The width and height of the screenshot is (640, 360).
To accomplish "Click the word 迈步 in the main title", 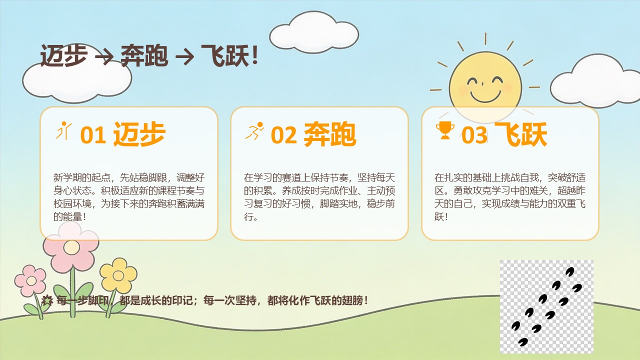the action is pyautogui.click(x=63, y=55).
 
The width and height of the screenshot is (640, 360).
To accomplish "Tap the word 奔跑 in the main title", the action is pyautogui.click(x=144, y=55).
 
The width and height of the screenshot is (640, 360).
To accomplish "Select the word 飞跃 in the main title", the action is pyautogui.click(x=225, y=55).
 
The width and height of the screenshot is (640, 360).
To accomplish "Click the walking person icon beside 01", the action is pyautogui.click(x=64, y=131).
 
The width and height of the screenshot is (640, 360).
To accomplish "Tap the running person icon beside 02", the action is pyautogui.click(x=254, y=131).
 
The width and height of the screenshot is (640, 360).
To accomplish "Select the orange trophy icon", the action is pyautogui.click(x=445, y=130).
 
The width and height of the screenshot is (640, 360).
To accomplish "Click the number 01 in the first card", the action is pyautogui.click(x=93, y=135).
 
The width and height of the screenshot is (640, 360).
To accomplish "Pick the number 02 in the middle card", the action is pyautogui.click(x=283, y=135).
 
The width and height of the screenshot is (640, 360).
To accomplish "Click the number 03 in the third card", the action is pyautogui.click(x=474, y=135).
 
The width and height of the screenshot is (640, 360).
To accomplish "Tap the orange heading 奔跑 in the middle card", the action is pyautogui.click(x=329, y=134).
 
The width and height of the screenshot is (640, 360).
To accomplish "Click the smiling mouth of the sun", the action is pyautogui.click(x=485, y=96).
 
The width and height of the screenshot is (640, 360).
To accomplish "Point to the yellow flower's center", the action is pyautogui.click(x=118, y=275).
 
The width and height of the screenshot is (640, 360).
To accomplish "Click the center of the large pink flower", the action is pyautogui.click(x=71, y=247).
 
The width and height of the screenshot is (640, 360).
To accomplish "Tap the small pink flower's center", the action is pyautogui.click(x=31, y=281).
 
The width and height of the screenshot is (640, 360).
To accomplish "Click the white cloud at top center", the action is pyautogui.click(x=313, y=32).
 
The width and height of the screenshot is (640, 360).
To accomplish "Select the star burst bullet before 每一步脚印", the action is pyautogui.click(x=47, y=300).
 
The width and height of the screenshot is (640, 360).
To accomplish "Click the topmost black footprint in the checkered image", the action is pyautogui.click(x=569, y=271).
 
